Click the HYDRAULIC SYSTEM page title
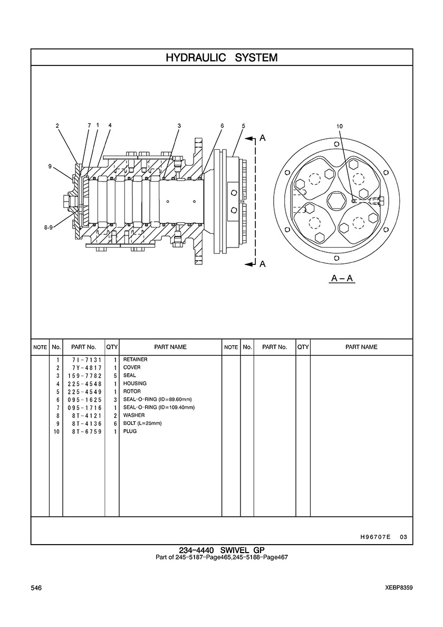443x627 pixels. [x=221, y=58]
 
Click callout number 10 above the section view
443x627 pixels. [x=339, y=126]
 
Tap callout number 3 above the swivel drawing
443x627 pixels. [x=179, y=125]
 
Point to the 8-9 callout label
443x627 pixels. [x=49, y=227]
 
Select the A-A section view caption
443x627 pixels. [x=342, y=278]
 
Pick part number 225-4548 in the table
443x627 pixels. [x=85, y=384]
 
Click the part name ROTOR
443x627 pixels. [x=132, y=392]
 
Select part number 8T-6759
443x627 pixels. [x=88, y=432]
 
